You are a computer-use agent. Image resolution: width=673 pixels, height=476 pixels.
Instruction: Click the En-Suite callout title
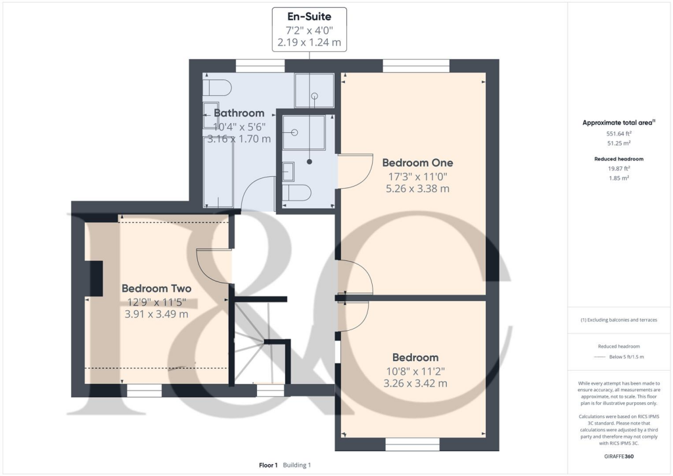pos(309,17)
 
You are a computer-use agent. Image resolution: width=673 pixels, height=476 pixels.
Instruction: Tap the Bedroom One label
pos(417,162)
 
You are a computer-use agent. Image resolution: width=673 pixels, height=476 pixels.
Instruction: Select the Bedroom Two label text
pos(156,289)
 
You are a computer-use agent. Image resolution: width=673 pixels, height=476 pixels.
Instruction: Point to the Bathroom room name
pos(239,113)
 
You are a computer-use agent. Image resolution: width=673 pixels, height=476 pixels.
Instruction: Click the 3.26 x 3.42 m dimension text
pos(415,383)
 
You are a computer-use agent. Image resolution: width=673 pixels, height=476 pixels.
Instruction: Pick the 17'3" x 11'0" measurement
pos(417,176)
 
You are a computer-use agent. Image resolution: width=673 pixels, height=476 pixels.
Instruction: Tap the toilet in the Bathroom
pos(218,87)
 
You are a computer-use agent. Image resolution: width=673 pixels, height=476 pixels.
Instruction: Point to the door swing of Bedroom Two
pos(213,270)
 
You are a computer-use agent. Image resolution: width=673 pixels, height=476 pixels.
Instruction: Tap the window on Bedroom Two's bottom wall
pos(144,391)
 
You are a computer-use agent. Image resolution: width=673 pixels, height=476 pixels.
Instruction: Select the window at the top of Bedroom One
pos(416,65)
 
